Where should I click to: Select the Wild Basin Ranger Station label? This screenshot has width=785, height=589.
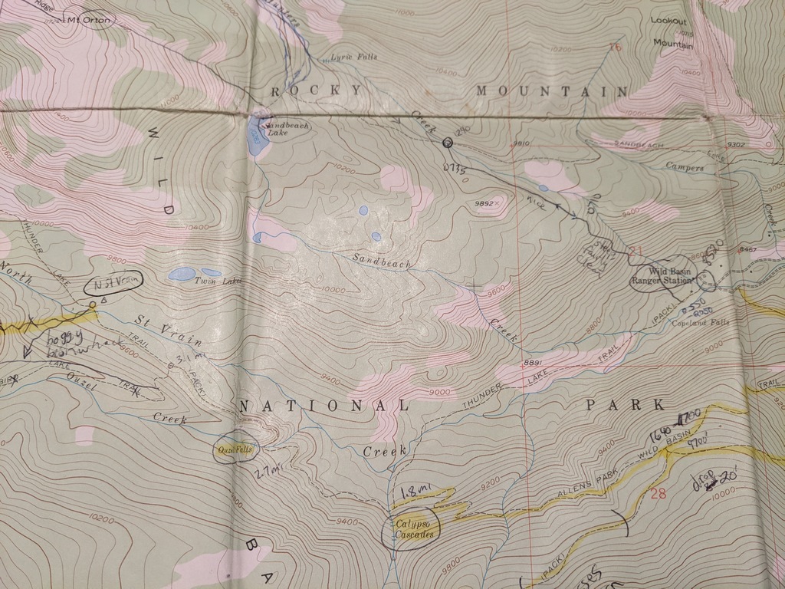[x=661, y=275]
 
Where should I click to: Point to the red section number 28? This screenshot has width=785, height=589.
[x=658, y=493]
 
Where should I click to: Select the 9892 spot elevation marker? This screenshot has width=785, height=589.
[x=488, y=203]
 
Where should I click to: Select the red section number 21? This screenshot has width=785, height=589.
[x=636, y=251]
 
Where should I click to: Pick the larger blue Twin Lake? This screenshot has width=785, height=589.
[x=181, y=273]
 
